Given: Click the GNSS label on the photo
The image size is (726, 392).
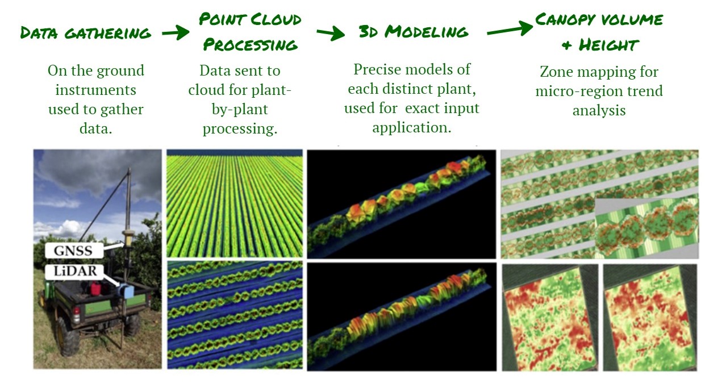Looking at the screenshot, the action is (74, 251).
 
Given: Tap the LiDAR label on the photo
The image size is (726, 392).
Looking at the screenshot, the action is (74, 271).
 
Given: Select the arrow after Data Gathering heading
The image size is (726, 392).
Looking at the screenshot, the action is (176, 32).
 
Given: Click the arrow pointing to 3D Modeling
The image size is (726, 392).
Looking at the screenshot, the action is (331, 33).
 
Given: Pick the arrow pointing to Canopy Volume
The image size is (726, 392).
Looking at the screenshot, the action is (510, 28).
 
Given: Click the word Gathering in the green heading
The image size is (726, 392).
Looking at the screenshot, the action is (108, 33).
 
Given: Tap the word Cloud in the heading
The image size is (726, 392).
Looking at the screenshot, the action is (276, 19).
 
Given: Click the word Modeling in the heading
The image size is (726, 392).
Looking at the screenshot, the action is (427, 32).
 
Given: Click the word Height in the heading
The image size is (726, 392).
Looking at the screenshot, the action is (608, 45).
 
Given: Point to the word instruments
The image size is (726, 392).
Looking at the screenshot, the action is (95, 90).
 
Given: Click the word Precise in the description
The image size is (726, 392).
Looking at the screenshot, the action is (376, 69).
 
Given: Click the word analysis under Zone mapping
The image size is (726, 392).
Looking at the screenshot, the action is (599, 110).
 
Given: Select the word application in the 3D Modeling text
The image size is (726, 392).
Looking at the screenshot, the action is (412, 127).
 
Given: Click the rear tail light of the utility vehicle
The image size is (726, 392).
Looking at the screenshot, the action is (77, 314).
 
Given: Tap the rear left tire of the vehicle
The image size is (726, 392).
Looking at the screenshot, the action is (68, 336).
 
